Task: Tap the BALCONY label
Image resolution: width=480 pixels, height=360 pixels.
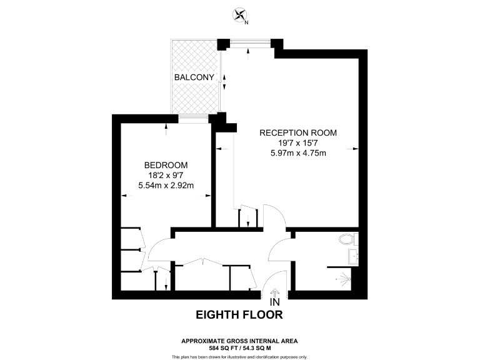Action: click(194, 77)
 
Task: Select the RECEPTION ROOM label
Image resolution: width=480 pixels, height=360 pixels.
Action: click(298, 132)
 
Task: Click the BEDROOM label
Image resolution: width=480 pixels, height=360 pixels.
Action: click(166, 165)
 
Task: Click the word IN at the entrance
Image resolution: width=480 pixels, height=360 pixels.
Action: click(274, 302)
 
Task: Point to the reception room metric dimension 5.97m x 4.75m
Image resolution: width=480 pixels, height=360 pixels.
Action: click(298, 152)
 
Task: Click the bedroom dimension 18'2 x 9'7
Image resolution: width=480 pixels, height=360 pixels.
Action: click(166, 175)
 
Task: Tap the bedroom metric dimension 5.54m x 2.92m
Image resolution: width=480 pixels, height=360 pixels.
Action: click(166, 185)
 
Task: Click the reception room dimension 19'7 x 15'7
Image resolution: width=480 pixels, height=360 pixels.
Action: click(298, 142)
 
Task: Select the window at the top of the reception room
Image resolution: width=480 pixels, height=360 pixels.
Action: click(249, 43)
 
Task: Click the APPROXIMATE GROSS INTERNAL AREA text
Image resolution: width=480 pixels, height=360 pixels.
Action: click(239, 341)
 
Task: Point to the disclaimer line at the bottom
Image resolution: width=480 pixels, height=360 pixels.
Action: click(239, 356)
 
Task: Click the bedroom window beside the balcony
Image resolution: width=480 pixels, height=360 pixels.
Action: click(192, 117)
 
